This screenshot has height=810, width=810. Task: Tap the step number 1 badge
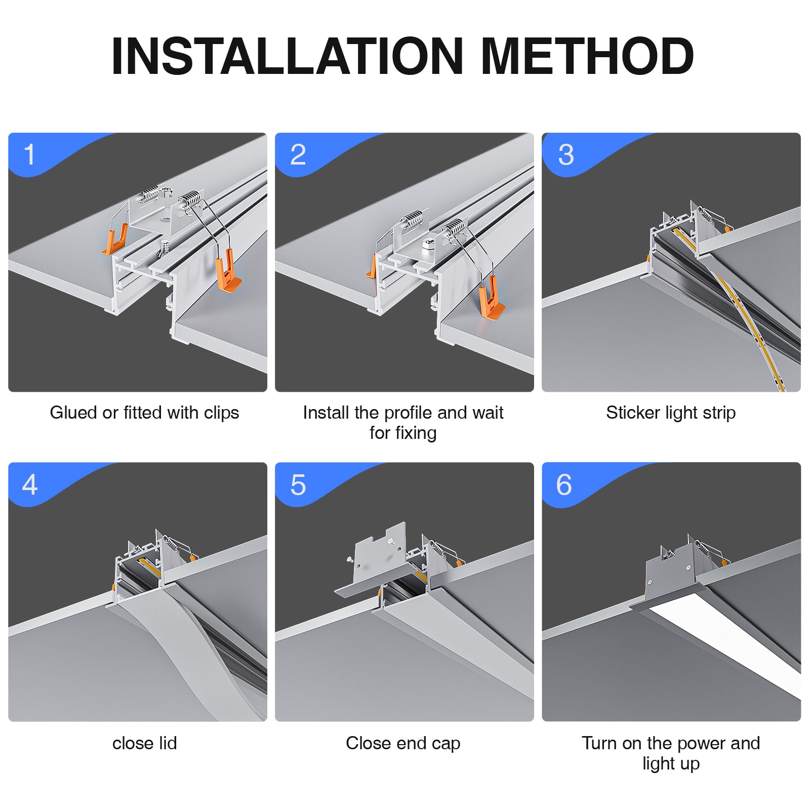(x=29, y=154)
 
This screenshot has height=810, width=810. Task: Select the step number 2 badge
(x=298, y=154)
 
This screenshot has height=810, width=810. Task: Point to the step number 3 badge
(x=565, y=154)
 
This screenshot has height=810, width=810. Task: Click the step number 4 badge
(x=30, y=484)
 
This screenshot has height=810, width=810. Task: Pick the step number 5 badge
(x=298, y=484)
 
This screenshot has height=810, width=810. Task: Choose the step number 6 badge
(x=564, y=484)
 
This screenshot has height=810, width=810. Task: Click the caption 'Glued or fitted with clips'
(x=144, y=413)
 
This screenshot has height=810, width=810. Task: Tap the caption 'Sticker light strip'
(x=671, y=413)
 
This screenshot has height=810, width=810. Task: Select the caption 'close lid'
(x=145, y=743)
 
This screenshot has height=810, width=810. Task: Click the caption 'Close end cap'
(x=403, y=744)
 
